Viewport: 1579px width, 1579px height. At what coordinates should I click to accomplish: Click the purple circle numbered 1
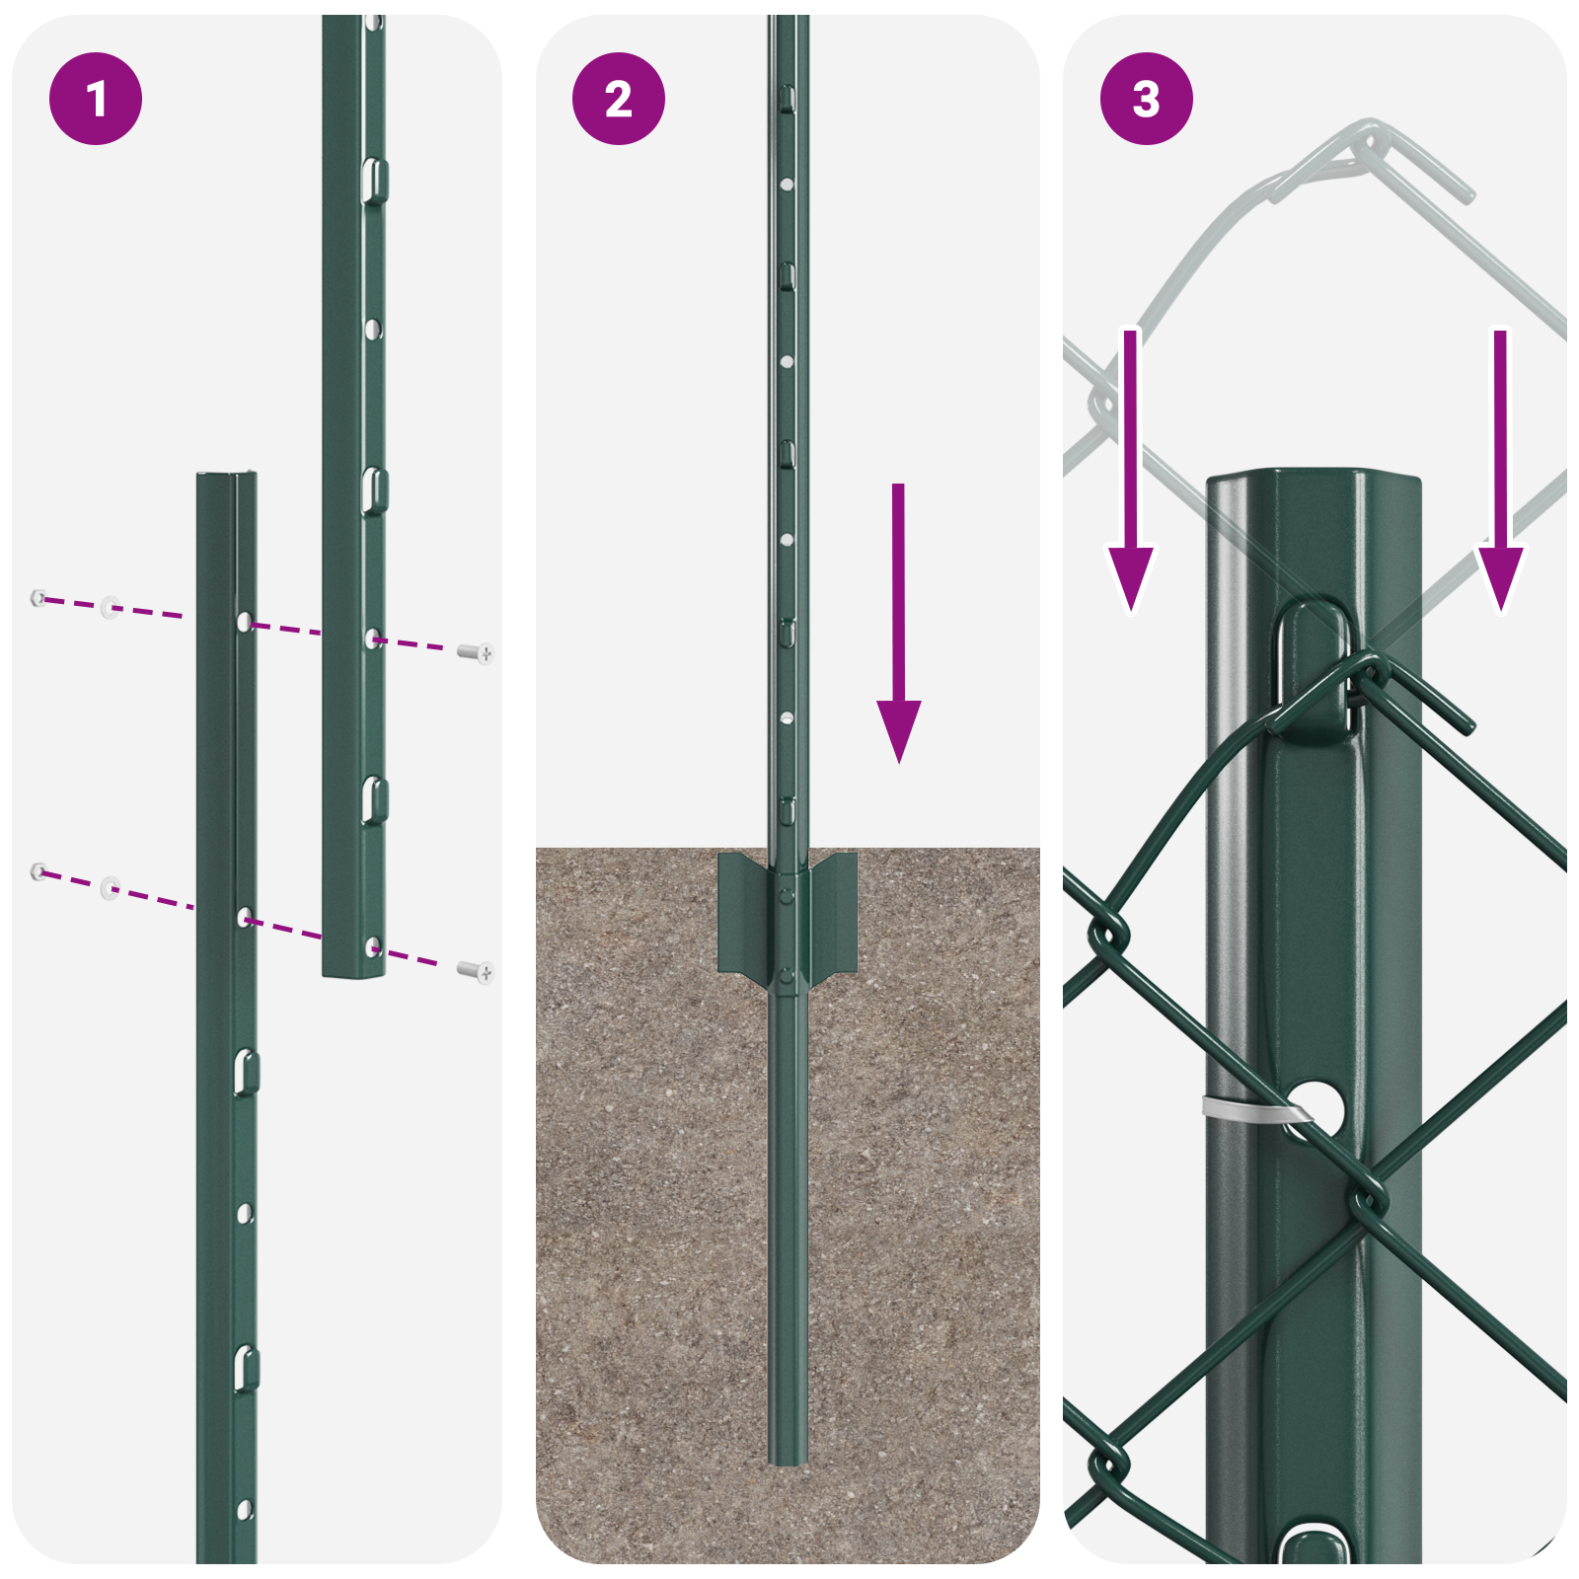click(96, 99)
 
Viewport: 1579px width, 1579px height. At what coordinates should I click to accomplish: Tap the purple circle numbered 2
click(619, 99)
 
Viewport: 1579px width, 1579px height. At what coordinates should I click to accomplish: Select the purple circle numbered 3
click(1146, 99)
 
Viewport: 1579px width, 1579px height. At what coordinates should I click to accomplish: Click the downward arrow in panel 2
click(898, 632)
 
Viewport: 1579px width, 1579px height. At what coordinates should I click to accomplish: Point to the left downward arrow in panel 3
click(1130, 474)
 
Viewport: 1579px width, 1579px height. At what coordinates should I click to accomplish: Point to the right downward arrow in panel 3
click(1500, 474)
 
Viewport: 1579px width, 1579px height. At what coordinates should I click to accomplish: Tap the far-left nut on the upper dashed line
click(38, 597)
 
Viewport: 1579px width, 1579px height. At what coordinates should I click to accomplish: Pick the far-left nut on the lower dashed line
click(38, 870)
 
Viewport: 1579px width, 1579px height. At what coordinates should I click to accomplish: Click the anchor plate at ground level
click(788, 913)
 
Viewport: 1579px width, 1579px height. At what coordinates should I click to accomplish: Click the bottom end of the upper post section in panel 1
click(353, 972)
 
